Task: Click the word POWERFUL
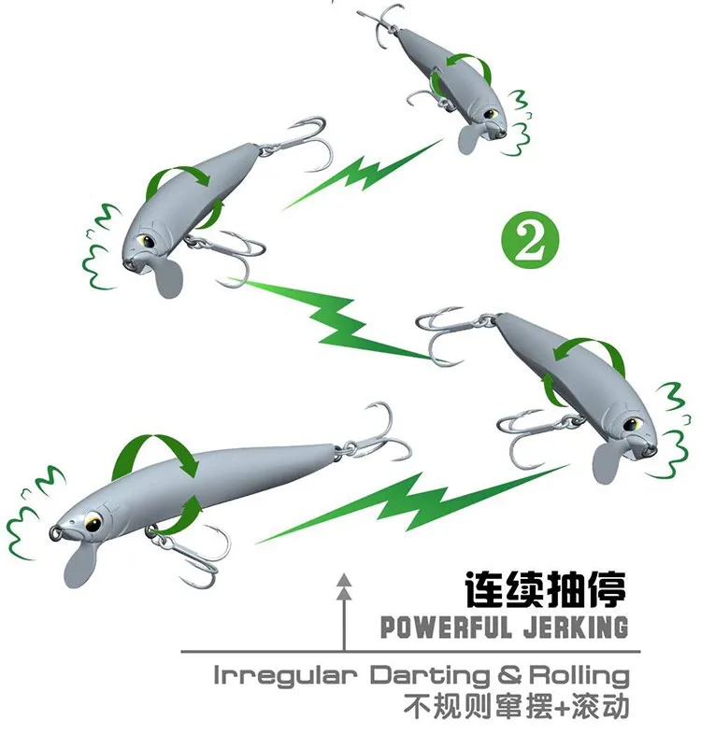click(x=446, y=628)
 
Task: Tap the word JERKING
click(x=576, y=628)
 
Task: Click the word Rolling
click(x=579, y=675)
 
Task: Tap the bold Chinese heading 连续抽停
click(x=546, y=589)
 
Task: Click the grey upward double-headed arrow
click(x=345, y=613)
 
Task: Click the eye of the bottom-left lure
click(x=93, y=522)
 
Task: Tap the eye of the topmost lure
click(x=490, y=114)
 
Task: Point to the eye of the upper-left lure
click(x=147, y=242)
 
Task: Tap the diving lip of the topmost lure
click(x=469, y=138)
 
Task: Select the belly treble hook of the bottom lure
click(x=190, y=553)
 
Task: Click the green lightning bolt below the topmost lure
click(x=364, y=174)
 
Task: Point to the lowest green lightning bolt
click(x=412, y=504)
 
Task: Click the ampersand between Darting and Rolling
click(x=509, y=676)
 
